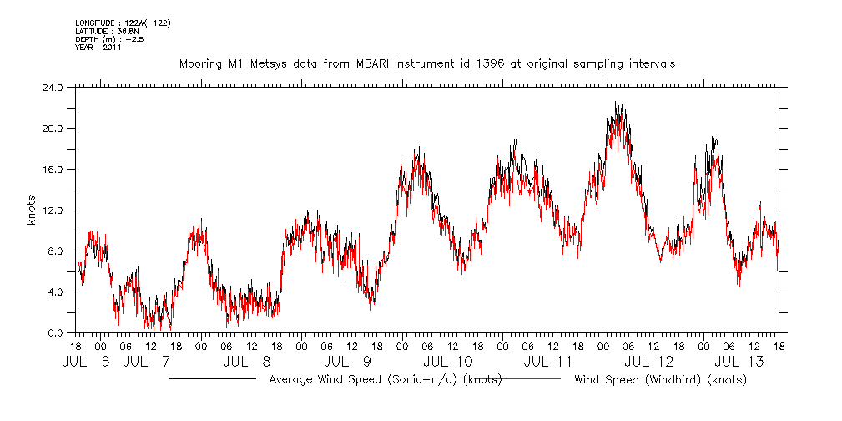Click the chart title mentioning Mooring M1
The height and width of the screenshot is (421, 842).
click(427, 63)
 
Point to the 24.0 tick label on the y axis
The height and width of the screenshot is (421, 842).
click(53, 88)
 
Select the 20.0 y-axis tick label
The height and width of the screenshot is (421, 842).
click(53, 129)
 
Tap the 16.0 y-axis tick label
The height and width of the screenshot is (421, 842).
click(53, 170)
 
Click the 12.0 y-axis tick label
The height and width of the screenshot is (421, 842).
click(53, 210)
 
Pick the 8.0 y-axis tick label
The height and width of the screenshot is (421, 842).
click(55, 251)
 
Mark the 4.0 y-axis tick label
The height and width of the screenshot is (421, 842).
click(55, 292)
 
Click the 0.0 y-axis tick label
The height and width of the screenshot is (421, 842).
click(55, 333)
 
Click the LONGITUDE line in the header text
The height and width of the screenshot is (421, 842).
click(123, 23)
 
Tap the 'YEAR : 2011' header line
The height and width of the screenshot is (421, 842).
click(98, 48)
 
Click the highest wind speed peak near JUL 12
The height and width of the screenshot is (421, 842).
click(616, 103)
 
